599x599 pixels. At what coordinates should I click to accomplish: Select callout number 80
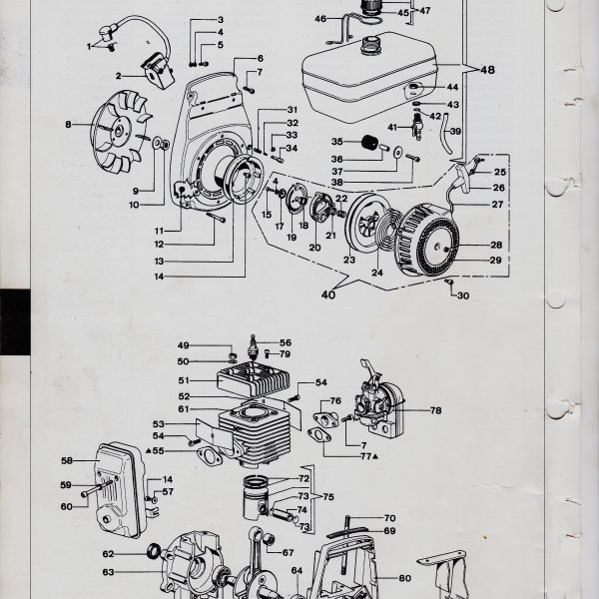click(x=404, y=578)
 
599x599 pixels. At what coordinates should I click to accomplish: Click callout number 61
click(x=183, y=408)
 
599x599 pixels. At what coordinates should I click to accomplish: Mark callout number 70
click(x=390, y=518)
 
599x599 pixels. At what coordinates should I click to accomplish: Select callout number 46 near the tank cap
click(x=320, y=18)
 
